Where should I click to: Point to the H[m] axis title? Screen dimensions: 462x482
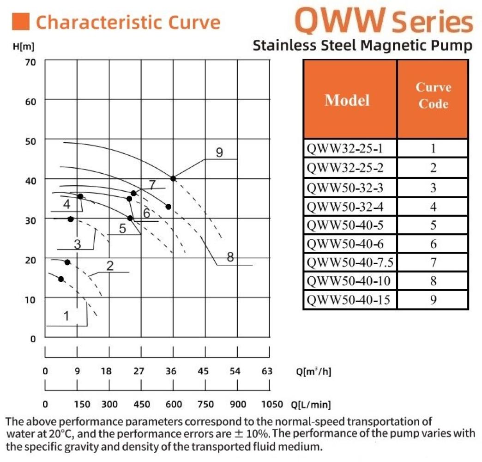(x=24, y=47)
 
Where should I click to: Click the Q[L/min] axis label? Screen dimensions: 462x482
(x=311, y=405)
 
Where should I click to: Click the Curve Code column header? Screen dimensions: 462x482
(x=433, y=95)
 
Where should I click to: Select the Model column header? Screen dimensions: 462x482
(x=347, y=99)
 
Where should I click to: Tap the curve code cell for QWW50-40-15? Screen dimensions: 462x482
(x=433, y=300)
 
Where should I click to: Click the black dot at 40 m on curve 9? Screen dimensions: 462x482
(x=173, y=178)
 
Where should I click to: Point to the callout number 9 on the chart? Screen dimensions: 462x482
(x=219, y=152)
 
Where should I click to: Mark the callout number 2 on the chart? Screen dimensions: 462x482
(x=110, y=266)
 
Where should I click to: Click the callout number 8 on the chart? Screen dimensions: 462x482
(x=230, y=258)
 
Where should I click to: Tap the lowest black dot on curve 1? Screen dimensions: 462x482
(x=61, y=279)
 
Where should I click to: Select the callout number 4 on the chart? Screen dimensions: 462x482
(x=67, y=204)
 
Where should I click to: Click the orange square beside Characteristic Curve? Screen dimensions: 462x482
(x=22, y=21)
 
